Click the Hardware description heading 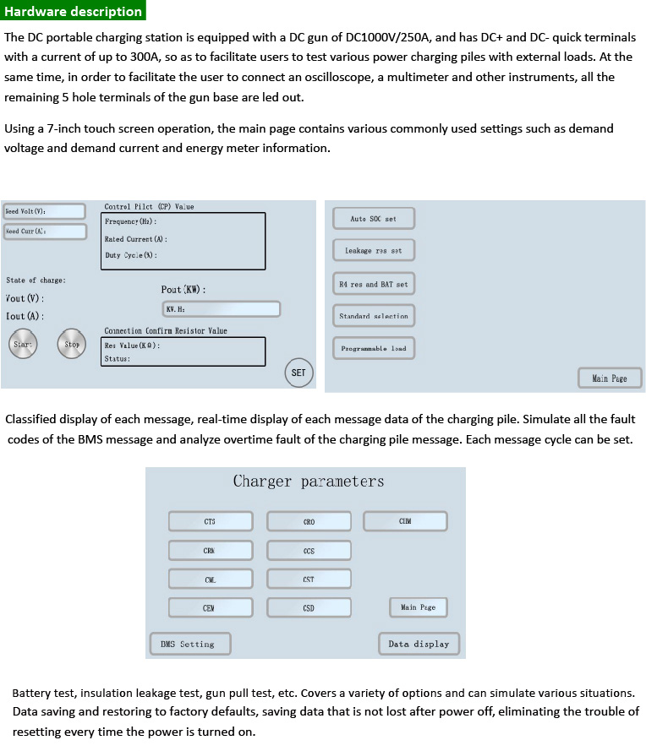click(74, 11)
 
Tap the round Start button click(23, 344)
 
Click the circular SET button click(298, 373)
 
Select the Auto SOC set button click(373, 219)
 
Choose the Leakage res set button click(373, 251)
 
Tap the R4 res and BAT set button click(373, 285)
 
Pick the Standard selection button click(373, 316)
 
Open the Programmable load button click(373, 348)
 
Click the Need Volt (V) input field click(44, 211)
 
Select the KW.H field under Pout click(222, 309)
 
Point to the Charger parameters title click(309, 482)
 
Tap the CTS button click(211, 521)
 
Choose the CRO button click(309, 521)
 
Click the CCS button click(309, 551)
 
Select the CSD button click(309, 607)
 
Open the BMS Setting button click(189, 644)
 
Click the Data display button click(419, 644)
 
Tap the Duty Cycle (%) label click(131, 255)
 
